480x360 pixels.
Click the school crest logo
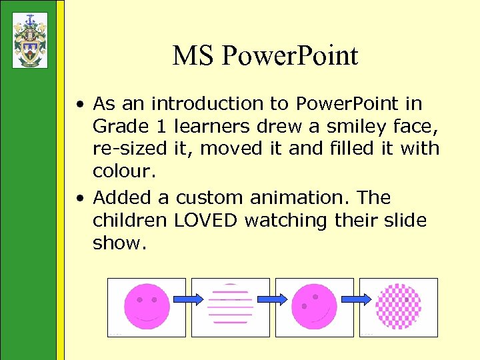30,40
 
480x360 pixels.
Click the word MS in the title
192,55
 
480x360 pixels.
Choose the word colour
124,171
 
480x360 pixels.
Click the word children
130,220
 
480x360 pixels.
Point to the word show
119,243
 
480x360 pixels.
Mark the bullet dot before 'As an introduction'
79,105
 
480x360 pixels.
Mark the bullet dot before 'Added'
79,198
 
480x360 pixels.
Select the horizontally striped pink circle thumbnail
230,307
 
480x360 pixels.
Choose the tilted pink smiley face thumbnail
314,307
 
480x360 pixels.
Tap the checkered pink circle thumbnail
398,307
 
